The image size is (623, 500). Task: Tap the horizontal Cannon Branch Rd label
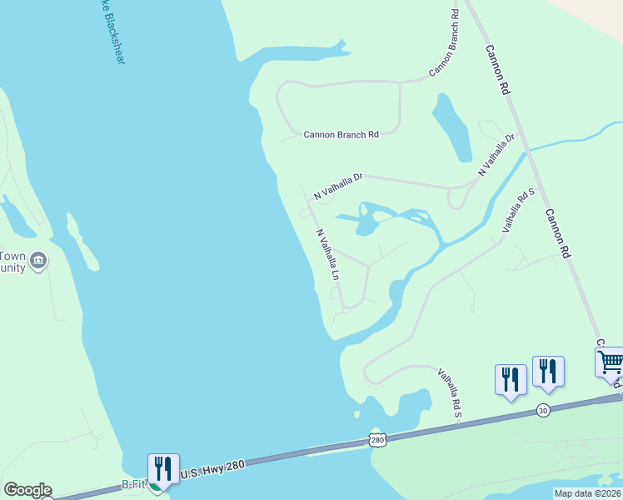pyautogui.click(x=341, y=134)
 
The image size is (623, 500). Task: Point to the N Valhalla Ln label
pyautogui.click(x=329, y=255)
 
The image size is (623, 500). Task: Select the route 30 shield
pyautogui.click(x=543, y=409)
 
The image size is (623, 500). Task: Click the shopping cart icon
pyautogui.click(x=611, y=362)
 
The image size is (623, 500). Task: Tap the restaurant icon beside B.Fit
pyautogui.click(x=162, y=467)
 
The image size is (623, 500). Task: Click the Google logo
pyautogui.click(x=27, y=490)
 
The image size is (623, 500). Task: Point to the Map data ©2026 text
pyautogui.click(x=587, y=493)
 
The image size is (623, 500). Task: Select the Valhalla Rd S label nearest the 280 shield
pyautogui.click(x=449, y=395)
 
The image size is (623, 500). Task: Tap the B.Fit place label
pyautogui.click(x=134, y=483)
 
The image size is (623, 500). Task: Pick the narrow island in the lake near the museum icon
pyautogui.click(x=82, y=242)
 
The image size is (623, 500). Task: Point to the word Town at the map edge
pyautogui.click(x=12, y=255)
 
